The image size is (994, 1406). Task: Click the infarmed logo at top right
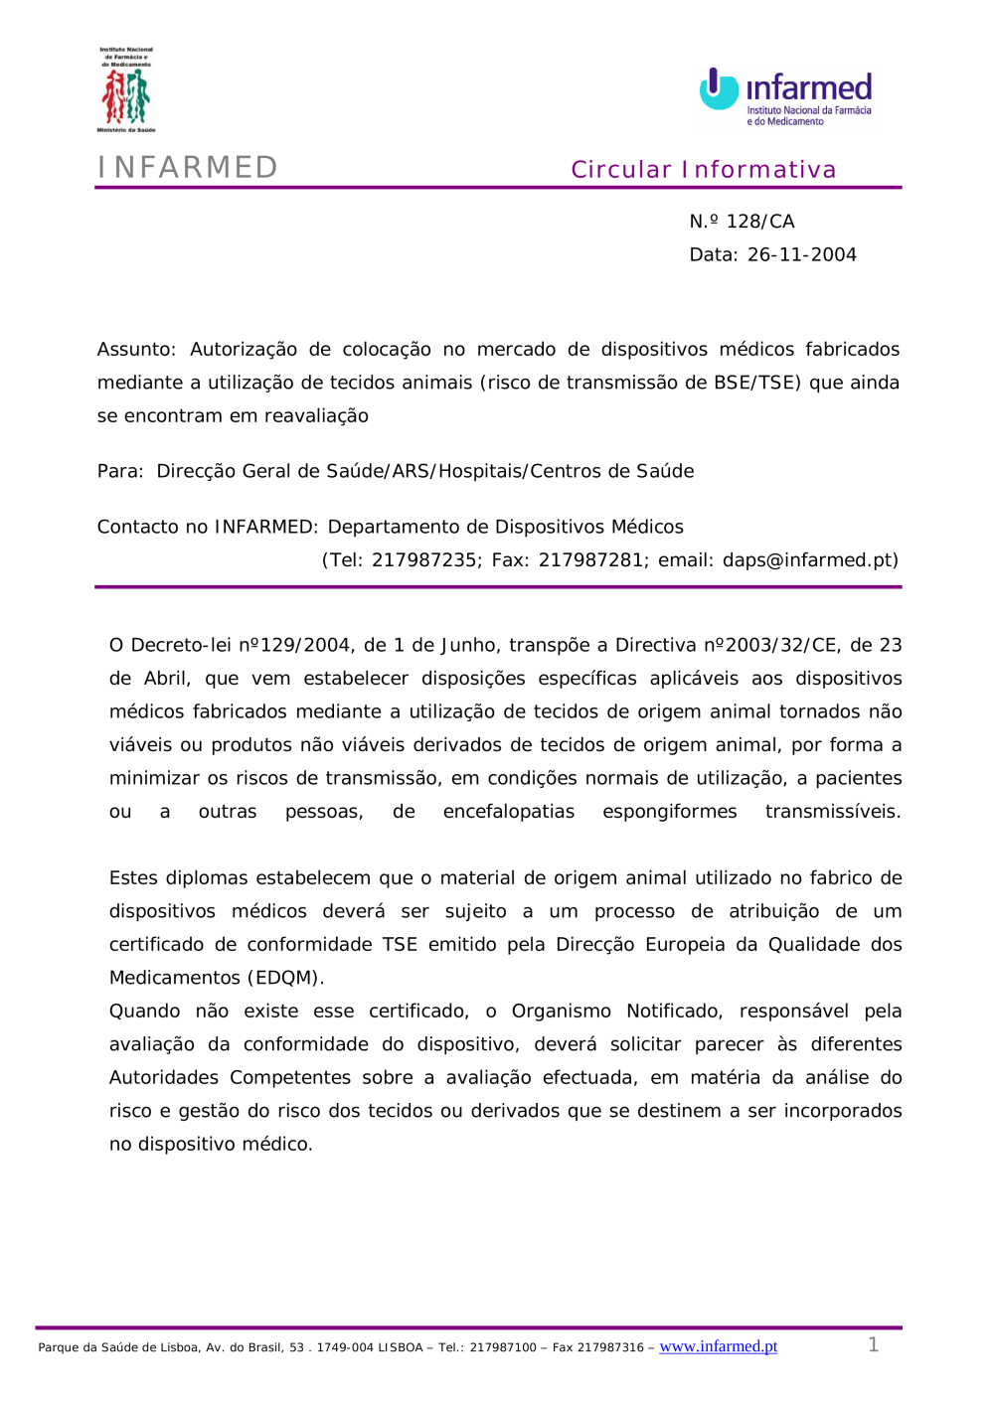point(785,97)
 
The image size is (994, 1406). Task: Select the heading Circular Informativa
point(703,170)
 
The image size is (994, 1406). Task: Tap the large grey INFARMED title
point(188,167)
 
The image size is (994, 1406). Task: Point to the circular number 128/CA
point(759,222)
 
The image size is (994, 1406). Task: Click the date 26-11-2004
point(801,254)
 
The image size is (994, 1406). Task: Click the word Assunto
point(135,349)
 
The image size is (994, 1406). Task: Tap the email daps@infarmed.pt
point(810,560)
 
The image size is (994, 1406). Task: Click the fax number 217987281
point(590,560)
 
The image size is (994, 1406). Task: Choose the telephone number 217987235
point(423,560)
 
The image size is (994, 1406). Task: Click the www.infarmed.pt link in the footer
point(718,1346)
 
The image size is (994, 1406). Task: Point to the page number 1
point(873,1344)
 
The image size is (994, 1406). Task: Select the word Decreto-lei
point(181,645)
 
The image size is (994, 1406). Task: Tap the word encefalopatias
point(508,812)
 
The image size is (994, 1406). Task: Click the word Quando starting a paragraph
point(145,1011)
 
